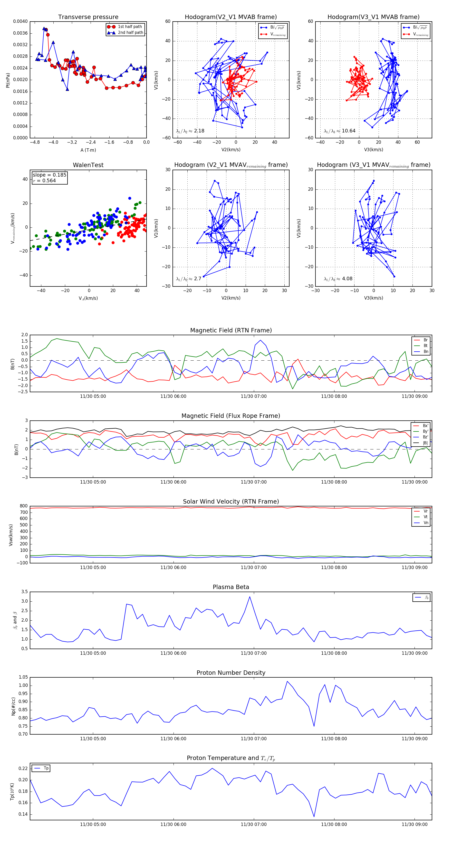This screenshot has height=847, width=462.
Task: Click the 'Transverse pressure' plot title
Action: (x=88, y=17)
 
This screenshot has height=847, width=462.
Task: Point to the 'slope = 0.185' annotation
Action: (x=49, y=175)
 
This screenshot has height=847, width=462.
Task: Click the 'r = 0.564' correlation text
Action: (x=44, y=180)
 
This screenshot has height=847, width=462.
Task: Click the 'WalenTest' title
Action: (x=88, y=165)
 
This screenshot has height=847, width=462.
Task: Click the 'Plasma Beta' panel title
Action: (x=231, y=587)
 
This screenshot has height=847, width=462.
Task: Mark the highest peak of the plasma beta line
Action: (x=249, y=597)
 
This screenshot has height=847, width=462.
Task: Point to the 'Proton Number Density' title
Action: (x=231, y=673)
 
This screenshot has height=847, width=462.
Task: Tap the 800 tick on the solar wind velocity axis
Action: (x=23, y=506)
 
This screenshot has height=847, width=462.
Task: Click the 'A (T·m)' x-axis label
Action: (x=88, y=150)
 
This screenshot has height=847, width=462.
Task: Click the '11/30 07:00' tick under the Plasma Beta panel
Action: (x=254, y=653)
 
